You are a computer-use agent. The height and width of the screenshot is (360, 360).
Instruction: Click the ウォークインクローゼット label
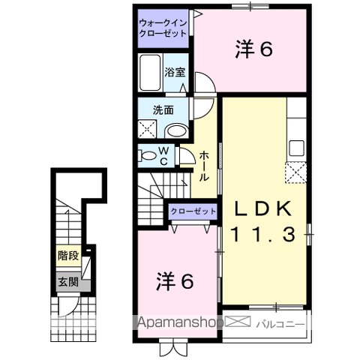[163, 28]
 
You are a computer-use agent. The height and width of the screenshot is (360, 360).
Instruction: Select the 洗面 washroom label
[163, 109]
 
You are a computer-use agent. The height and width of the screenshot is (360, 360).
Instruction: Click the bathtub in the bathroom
[151, 72]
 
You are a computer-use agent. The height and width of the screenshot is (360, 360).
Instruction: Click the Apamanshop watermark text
[180, 325]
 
